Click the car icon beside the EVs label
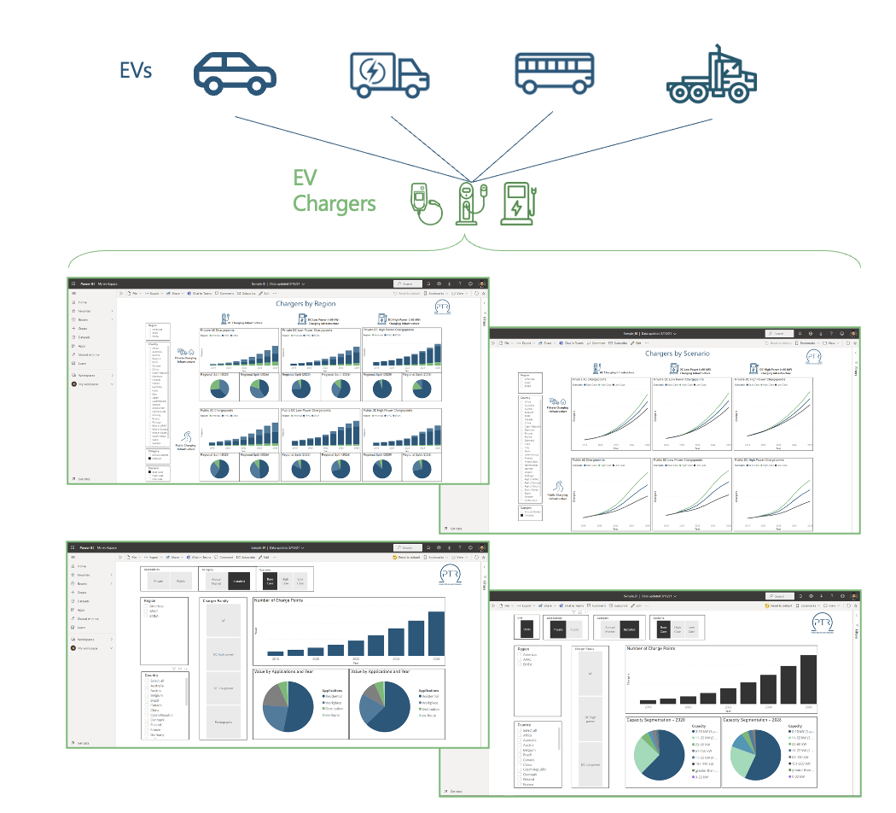coord(235,71)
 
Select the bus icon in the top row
coord(554,71)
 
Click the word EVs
coord(136,70)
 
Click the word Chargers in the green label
coord(334,204)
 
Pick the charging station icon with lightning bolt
coord(517,203)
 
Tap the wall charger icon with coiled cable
coord(424,203)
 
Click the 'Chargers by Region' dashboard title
coord(305,303)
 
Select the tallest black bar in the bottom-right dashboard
coord(807,683)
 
